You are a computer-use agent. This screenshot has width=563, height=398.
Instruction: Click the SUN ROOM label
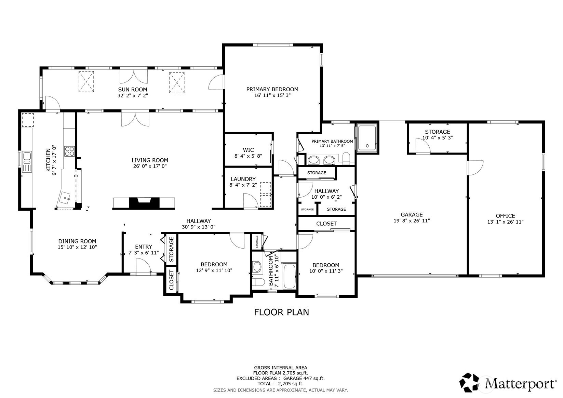(x=135, y=90)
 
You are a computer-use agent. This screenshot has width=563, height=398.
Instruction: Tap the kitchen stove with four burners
(x=69, y=151)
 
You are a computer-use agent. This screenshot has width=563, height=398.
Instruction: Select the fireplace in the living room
(x=144, y=203)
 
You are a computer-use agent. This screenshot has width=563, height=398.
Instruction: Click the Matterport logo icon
(x=471, y=382)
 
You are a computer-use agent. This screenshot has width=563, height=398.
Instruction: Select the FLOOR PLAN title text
(x=281, y=312)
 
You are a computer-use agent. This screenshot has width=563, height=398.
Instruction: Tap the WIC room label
(x=248, y=150)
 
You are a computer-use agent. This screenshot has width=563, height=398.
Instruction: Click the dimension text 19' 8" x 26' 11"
(x=412, y=221)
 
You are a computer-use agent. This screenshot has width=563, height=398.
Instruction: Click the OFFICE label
(x=505, y=216)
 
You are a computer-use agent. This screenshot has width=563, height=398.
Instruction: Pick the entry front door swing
(x=143, y=266)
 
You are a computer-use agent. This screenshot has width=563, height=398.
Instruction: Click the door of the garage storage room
(x=423, y=146)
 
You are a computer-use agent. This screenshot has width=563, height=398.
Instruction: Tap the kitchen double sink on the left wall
(x=27, y=161)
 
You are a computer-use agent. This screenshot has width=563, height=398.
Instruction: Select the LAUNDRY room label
(x=243, y=179)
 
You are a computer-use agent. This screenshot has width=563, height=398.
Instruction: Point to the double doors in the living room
(x=135, y=119)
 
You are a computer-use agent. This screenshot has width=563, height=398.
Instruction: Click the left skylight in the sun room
(x=86, y=81)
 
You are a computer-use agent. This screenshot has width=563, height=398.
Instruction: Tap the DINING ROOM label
(x=77, y=241)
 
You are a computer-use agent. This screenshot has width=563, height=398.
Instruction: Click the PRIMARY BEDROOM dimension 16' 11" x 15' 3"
(x=272, y=95)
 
